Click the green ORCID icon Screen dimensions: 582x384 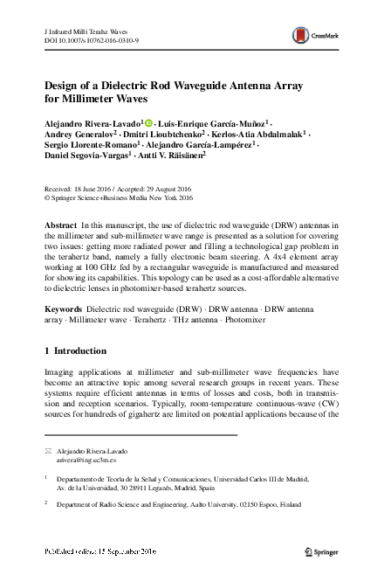point(148,125)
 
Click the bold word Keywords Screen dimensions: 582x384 point(64,310)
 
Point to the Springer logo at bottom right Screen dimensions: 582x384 point(325,553)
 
